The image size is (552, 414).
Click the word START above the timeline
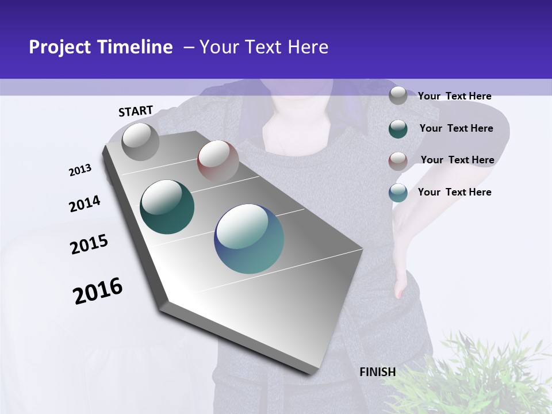(x=136, y=111)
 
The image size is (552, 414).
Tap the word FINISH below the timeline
(x=378, y=372)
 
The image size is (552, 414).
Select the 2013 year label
(x=80, y=170)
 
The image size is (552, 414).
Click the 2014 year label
(x=85, y=204)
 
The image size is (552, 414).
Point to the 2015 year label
(x=89, y=244)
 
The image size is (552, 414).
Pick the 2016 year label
(x=98, y=291)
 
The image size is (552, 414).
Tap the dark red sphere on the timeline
(x=218, y=161)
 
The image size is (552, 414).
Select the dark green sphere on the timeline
(x=167, y=207)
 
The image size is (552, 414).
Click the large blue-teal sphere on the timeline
(x=249, y=239)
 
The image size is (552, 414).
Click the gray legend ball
(x=398, y=96)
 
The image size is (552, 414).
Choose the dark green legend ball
(x=398, y=129)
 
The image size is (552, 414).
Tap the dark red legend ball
(x=398, y=160)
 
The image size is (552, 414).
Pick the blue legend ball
(x=398, y=193)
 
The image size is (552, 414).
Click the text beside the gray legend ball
(x=454, y=96)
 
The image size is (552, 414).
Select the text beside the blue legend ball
(x=454, y=192)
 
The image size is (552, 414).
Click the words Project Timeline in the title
(x=101, y=47)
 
